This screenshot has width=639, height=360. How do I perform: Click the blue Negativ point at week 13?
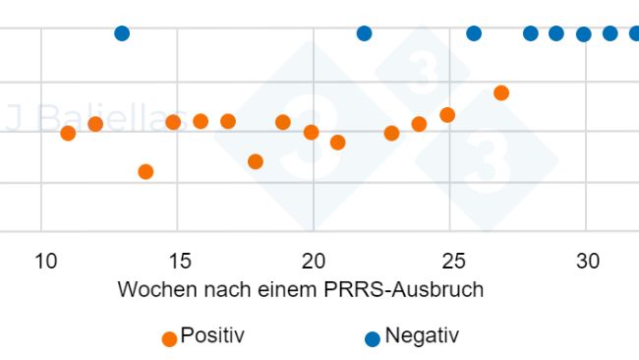click(122, 33)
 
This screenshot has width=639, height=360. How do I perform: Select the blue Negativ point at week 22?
click(364, 33)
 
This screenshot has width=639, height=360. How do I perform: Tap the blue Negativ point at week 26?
click(474, 33)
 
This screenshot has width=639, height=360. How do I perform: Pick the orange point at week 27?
click(501, 92)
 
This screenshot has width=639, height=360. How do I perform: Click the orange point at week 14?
click(145, 171)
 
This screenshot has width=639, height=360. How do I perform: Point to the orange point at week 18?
click(256, 161)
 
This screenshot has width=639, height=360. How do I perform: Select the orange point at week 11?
click(68, 133)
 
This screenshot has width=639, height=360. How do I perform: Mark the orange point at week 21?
click(337, 143)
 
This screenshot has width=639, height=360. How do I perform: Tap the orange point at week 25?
click(447, 115)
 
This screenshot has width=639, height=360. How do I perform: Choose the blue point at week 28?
click(531, 33)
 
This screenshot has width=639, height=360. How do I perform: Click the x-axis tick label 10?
click(45, 261)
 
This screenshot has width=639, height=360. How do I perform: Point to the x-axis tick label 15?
click(178, 261)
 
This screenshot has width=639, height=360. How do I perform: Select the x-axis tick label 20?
click(314, 261)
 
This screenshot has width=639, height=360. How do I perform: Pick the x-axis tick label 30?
click(587, 261)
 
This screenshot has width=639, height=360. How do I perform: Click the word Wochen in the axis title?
click(154, 290)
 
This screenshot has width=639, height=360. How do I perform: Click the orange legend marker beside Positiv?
click(169, 338)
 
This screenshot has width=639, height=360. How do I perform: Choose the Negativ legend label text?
click(422, 335)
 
